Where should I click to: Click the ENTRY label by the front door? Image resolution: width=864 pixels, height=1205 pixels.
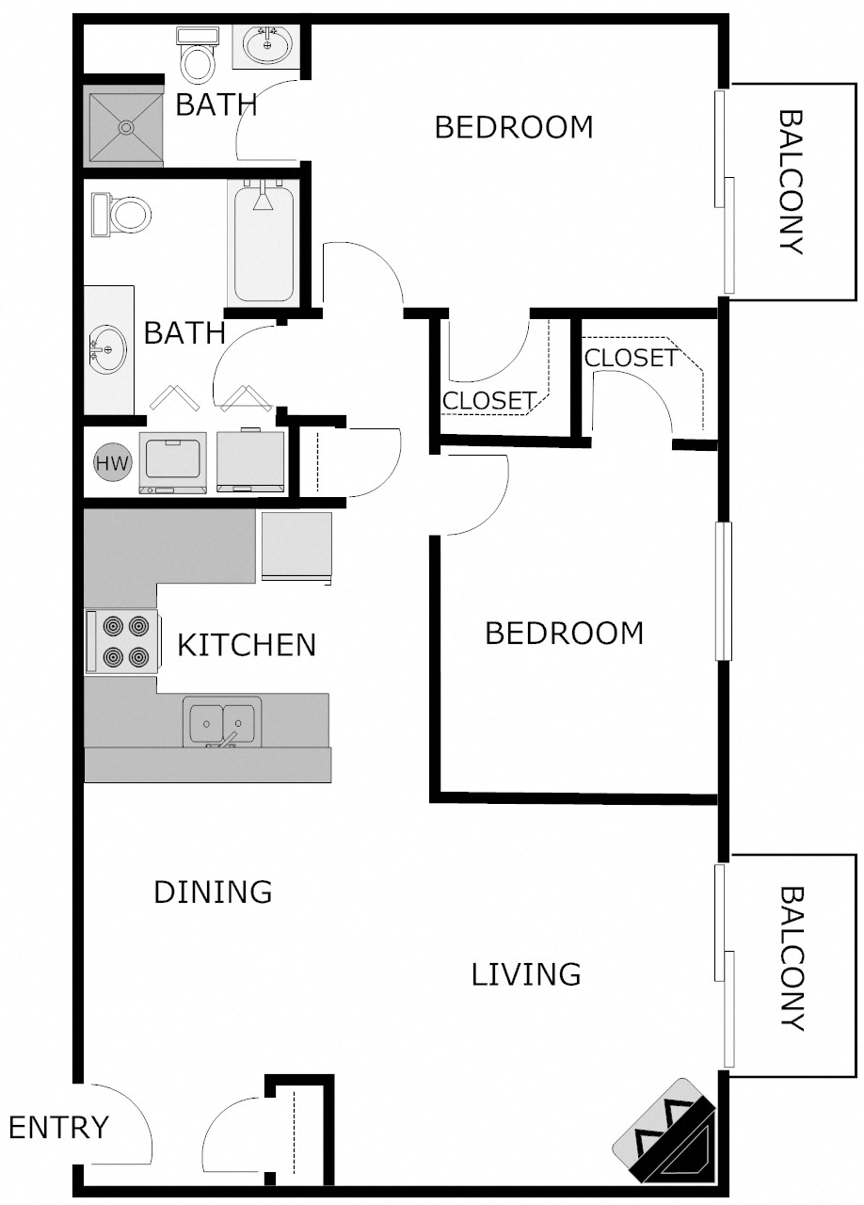58,1126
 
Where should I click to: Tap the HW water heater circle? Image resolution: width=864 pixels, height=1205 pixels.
113,463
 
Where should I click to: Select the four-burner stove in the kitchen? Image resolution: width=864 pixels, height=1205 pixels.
120,641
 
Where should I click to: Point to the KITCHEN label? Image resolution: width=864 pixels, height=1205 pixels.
247,645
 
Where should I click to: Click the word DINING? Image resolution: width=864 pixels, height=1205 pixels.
213,891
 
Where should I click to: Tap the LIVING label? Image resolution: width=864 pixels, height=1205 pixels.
525,974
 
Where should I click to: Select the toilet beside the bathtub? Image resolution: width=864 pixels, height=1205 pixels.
120,215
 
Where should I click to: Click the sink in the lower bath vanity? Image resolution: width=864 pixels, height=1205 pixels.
108,349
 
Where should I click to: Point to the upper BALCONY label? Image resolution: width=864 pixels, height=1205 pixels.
791,183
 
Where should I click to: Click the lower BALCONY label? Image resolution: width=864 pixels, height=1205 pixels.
791,958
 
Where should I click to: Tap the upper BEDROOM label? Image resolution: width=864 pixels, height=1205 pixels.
513,126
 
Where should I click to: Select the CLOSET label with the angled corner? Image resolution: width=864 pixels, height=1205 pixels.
630,358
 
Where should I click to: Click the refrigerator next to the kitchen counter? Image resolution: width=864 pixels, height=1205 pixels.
296,546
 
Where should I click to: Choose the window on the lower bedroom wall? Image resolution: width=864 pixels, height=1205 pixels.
723,590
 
